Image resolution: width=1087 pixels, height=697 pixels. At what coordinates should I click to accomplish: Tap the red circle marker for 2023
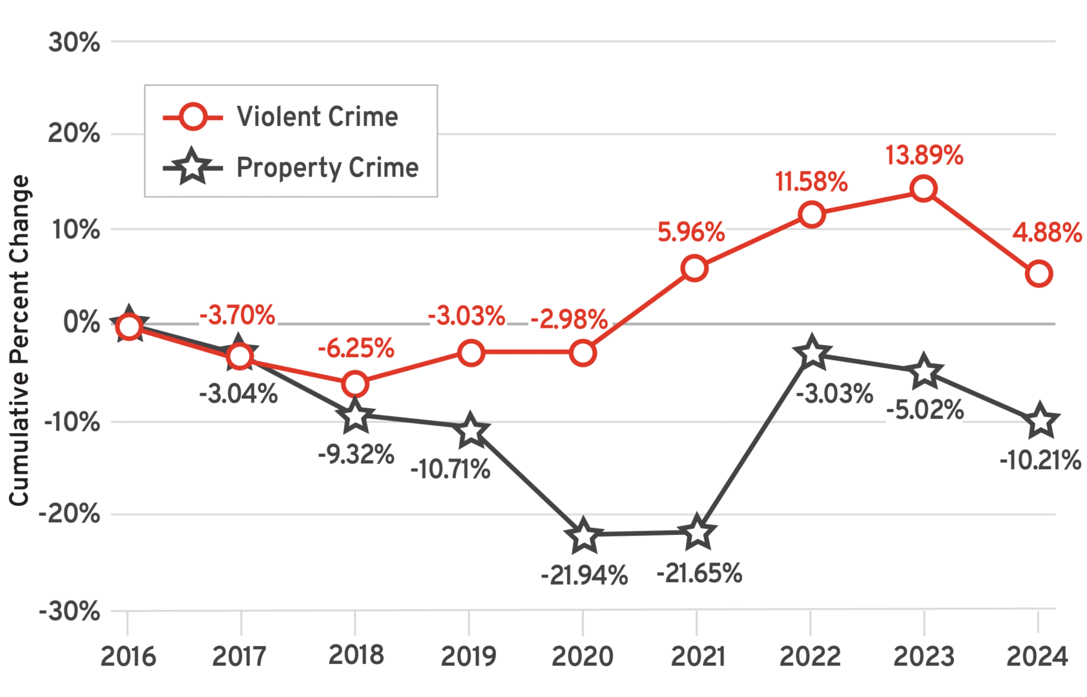tap(924, 189)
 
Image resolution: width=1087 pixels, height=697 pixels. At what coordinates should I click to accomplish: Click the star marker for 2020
tap(583, 535)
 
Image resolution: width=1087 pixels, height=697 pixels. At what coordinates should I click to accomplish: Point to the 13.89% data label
tap(924, 156)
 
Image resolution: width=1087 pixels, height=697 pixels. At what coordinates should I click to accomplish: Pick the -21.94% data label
tap(584, 575)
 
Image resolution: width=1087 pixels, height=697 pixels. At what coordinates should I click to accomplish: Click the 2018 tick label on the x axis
tap(355, 655)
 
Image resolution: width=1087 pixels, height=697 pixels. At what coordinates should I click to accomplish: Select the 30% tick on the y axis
tap(74, 43)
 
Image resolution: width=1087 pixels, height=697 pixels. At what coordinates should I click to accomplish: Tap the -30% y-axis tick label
tap(70, 611)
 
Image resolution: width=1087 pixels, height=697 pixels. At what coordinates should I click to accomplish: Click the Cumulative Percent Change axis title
tap(19, 340)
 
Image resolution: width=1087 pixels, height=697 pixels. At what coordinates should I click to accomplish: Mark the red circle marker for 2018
tap(355, 384)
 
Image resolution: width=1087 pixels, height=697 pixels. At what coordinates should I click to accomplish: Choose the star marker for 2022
tap(812, 354)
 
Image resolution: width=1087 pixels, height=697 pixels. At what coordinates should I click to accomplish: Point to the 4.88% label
tap(1046, 232)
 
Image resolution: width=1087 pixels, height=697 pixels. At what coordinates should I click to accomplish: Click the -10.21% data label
tap(1040, 461)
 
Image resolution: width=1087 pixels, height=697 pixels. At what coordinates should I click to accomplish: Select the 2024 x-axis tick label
tap(1037, 656)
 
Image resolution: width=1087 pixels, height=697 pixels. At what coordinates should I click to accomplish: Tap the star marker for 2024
tap(1039, 421)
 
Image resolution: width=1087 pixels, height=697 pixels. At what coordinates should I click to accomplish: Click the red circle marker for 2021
tap(694, 268)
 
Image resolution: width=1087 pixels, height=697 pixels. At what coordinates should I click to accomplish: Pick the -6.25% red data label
tap(355, 348)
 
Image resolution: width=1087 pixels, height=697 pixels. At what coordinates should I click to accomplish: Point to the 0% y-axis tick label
tap(81, 322)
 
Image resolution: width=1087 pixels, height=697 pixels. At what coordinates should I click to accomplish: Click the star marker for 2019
tap(471, 431)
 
